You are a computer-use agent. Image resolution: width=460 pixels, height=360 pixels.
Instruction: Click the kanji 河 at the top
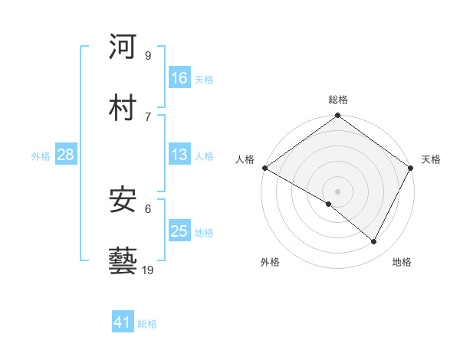[123, 47]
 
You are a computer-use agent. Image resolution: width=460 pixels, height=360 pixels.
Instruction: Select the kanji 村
[123, 106]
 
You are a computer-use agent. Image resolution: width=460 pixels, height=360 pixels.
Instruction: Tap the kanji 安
[123, 199]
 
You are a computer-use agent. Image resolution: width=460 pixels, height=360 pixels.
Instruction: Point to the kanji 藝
[123, 260]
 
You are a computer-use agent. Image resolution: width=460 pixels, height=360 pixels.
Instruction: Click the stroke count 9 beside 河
[147, 56]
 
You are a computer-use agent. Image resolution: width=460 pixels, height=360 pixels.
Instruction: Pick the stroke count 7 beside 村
[147, 116]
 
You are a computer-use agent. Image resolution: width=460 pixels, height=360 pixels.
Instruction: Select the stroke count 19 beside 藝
[147, 270]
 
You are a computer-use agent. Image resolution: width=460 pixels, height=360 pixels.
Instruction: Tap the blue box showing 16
[179, 78]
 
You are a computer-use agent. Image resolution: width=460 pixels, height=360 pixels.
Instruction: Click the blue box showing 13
[179, 155]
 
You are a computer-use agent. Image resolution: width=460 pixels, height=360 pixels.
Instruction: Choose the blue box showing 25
[179, 231]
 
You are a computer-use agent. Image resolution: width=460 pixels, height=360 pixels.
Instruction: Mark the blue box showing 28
[65, 155]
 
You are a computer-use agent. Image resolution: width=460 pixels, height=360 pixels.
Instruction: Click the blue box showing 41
[123, 322]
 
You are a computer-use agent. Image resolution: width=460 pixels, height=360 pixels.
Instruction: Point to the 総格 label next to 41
[147, 324]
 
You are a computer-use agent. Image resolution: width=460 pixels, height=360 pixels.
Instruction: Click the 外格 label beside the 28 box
[41, 156]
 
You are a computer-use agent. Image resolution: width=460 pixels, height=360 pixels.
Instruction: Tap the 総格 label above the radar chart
[338, 100]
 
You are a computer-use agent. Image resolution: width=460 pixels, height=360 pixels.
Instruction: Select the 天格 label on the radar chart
[431, 159]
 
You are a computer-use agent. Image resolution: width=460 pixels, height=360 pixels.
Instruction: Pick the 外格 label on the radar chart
[270, 262]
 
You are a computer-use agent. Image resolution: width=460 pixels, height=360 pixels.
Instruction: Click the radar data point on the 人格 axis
[264, 168]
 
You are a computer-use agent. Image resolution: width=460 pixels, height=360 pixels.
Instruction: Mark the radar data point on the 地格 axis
[374, 241]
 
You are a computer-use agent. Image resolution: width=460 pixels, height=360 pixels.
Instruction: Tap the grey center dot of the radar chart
[338, 191]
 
